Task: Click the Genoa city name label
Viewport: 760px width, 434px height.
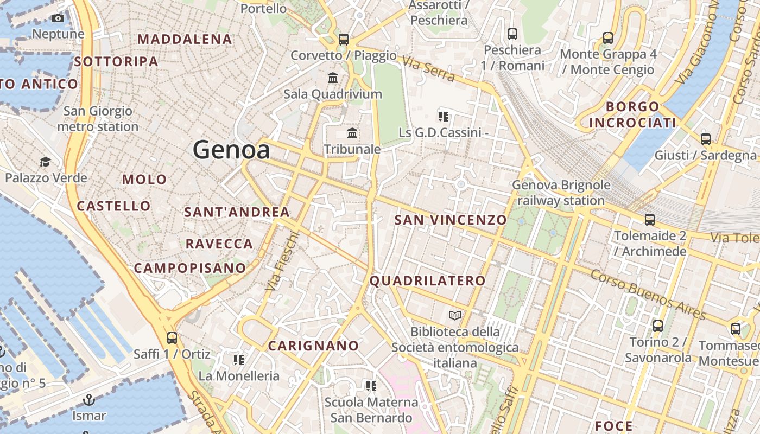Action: (x=231, y=150)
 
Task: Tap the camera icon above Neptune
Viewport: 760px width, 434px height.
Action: (x=58, y=18)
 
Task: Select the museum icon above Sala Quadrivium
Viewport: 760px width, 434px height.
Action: (x=333, y=78)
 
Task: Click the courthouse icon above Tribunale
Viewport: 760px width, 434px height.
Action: (x=352, y=133)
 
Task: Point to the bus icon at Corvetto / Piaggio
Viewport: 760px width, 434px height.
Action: (x=343, y=39)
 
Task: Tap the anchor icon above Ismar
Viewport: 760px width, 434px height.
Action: (x=88, y=400)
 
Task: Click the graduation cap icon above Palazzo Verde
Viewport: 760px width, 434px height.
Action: (x=46, y=162)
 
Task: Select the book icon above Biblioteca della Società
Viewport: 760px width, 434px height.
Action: (x=455, y=315)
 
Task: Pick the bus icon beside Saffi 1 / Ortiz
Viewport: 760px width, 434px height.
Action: (x=172, y=337)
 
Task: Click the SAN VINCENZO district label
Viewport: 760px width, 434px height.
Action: (x=451, y=220)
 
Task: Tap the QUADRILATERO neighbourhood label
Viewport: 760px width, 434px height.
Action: (x=427, y=280)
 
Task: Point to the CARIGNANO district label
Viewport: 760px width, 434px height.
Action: (x=314, y=346)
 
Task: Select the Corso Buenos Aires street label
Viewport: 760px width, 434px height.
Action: (x=648, y=295)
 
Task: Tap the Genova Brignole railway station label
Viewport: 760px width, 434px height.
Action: (x=561, y=193)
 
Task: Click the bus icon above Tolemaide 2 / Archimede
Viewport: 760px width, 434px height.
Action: (x=650, y=220)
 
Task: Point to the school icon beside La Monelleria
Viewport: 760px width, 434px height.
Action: (x=238, y=360)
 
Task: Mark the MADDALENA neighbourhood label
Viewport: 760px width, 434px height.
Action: (x=185, y=39)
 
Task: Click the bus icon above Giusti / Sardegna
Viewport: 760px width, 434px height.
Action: (x=705, y=139)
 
